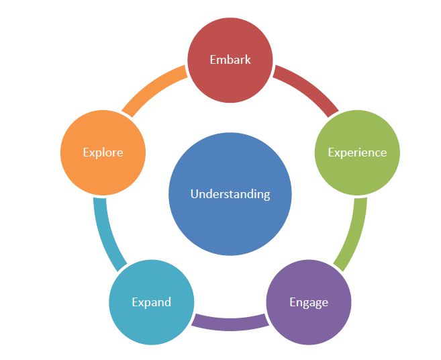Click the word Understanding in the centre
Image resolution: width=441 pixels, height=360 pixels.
(x=230, y=194)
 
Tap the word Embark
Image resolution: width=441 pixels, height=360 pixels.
(x=230, y=60)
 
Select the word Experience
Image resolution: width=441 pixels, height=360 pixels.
(x=357, y=152)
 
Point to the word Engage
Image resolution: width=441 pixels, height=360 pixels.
(x=309, y=302)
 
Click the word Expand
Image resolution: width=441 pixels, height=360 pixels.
(x=151, y=302)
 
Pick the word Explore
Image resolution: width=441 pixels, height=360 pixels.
(x=103, y=152)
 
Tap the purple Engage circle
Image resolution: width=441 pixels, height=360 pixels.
(x=309, y=322)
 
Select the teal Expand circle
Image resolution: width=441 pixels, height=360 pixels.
(x=151, y=322)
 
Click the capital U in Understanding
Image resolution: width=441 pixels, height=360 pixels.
(x=194, y=194)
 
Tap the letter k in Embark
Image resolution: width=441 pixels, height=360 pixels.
(x=248, y=59)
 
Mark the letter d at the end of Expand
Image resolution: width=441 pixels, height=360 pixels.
(x=168, y=302)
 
